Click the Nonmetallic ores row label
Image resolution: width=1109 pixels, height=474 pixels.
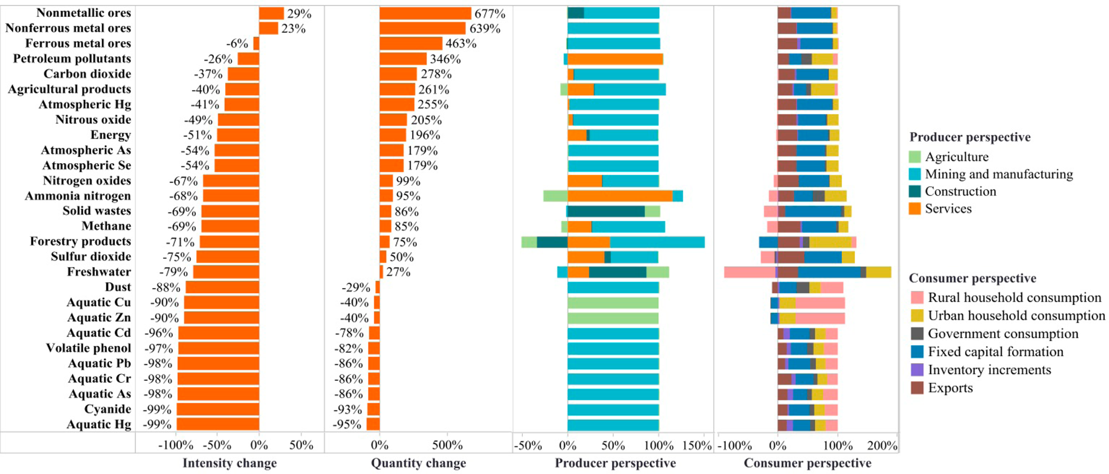[84, 13]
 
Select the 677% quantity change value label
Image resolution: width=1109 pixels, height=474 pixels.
[489, 13]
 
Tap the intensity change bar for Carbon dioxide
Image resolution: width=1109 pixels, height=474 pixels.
[243, 74]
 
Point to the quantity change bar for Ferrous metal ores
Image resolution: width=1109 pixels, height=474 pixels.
[411, 43]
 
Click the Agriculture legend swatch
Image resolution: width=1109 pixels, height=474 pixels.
[915, 157]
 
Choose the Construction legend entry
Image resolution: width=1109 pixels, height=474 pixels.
[952, 191]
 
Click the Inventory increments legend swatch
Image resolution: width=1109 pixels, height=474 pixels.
[917, 370]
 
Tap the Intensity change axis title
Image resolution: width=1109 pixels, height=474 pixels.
[230, 463]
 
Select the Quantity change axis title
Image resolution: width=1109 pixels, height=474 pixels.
[419, 463]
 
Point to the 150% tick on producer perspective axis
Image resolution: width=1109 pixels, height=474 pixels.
[697, 445]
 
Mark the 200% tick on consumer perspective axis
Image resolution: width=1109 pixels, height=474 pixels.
[882, 445]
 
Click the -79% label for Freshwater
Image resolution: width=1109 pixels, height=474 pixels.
[174, 272]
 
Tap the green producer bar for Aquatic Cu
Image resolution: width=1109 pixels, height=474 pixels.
[613, 303]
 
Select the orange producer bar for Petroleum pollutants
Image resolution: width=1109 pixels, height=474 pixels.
[615, 59]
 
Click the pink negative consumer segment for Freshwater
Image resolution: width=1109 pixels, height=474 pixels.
[750, 272]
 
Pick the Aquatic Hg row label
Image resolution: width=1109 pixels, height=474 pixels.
[99, 425]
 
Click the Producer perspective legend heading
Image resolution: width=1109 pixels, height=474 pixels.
[970, 137]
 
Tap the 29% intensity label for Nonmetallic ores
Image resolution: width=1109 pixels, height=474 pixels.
[299, 14]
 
